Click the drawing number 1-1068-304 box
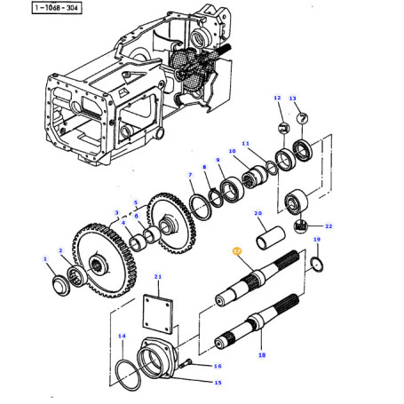tap(57, 8)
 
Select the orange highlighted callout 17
tap(237, 251)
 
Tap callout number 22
tap(329, 226)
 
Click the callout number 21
tap(158, 277)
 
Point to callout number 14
tap(122, 336)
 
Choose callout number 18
tap(262, 355)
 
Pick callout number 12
tap(277, 98)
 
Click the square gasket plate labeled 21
tap(158, 313)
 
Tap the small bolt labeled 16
tap(186, 363)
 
